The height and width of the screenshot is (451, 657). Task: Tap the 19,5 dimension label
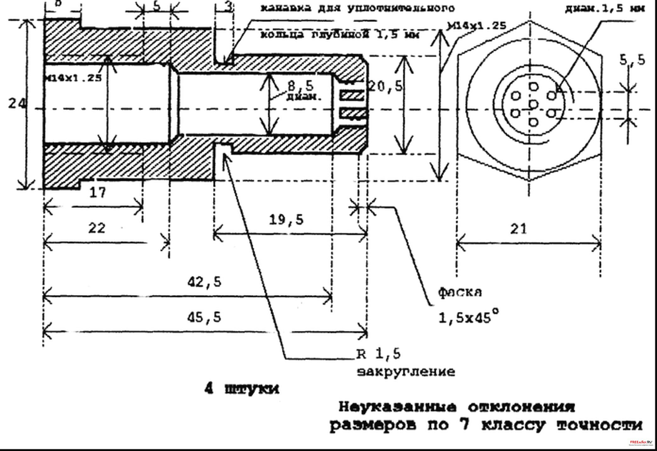click(x=287, y=220)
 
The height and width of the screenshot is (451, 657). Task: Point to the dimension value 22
click(x=97, y=228)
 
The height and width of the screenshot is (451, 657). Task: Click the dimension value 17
click(x=98, y=192)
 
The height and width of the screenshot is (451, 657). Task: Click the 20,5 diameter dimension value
click(x=385, y=86)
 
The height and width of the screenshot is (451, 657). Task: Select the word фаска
click(x=460, y=292)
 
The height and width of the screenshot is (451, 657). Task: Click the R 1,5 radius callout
click(x=379, y=354)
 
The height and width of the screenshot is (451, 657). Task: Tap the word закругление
click(x=406, y=372)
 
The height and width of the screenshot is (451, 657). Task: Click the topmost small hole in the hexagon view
click(x=533, y=86)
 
